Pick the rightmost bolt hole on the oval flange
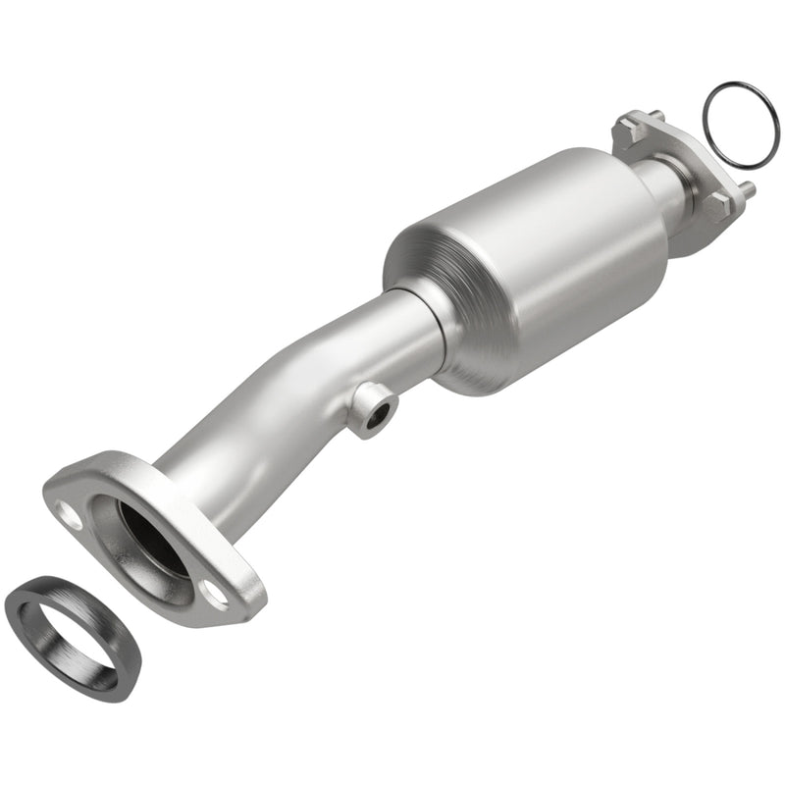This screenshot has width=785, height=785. (x=214, y=590)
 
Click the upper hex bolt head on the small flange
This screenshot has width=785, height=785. (x=626, y=130)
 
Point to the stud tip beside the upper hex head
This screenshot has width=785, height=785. (x=656, y=116)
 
